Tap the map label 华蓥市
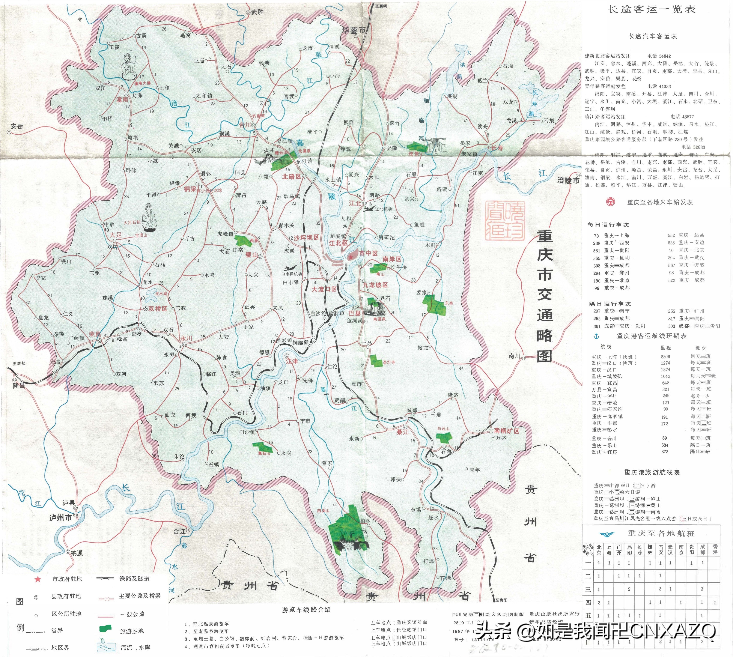[x=354, y=30]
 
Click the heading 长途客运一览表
[x=651, y=10]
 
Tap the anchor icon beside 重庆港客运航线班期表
[x=596, y=336]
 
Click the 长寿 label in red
[x=497, y=148]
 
